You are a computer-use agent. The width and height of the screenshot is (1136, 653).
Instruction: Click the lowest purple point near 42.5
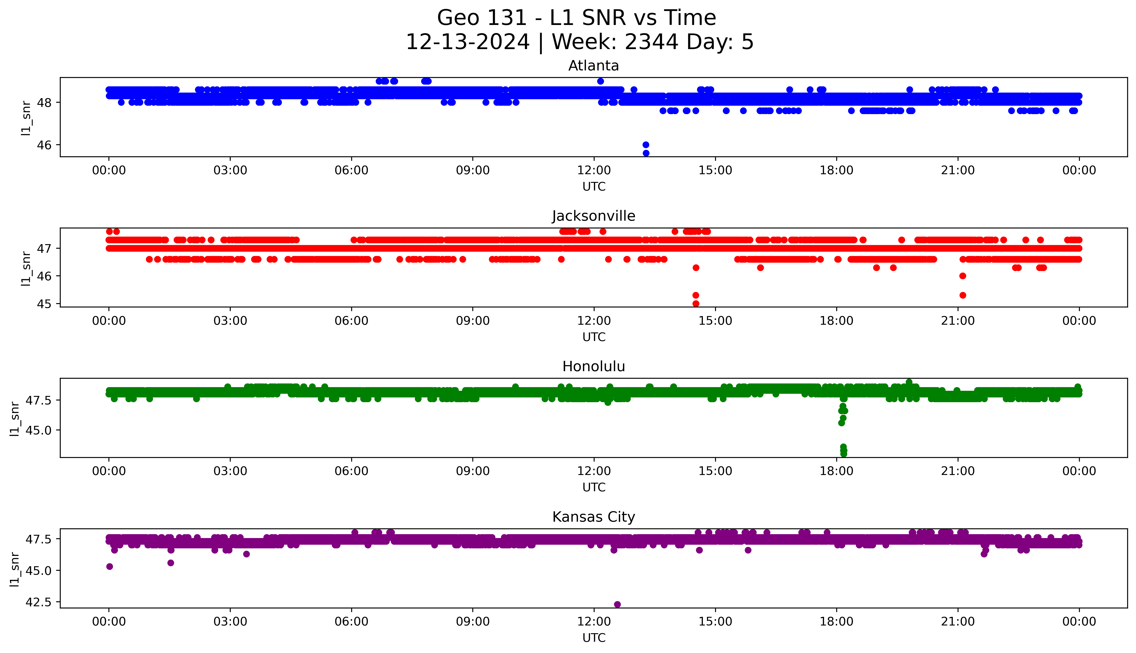pos(617,604)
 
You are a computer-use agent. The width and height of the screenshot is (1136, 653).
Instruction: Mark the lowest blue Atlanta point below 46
pos(646,153)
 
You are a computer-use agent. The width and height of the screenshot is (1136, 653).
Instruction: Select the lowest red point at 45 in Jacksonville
pos(696,304)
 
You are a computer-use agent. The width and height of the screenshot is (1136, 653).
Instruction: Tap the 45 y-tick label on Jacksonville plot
pos(47,304)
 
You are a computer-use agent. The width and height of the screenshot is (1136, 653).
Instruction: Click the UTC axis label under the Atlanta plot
pos(594,187)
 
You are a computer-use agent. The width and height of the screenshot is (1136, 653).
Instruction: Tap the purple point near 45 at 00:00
pos(109,566)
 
